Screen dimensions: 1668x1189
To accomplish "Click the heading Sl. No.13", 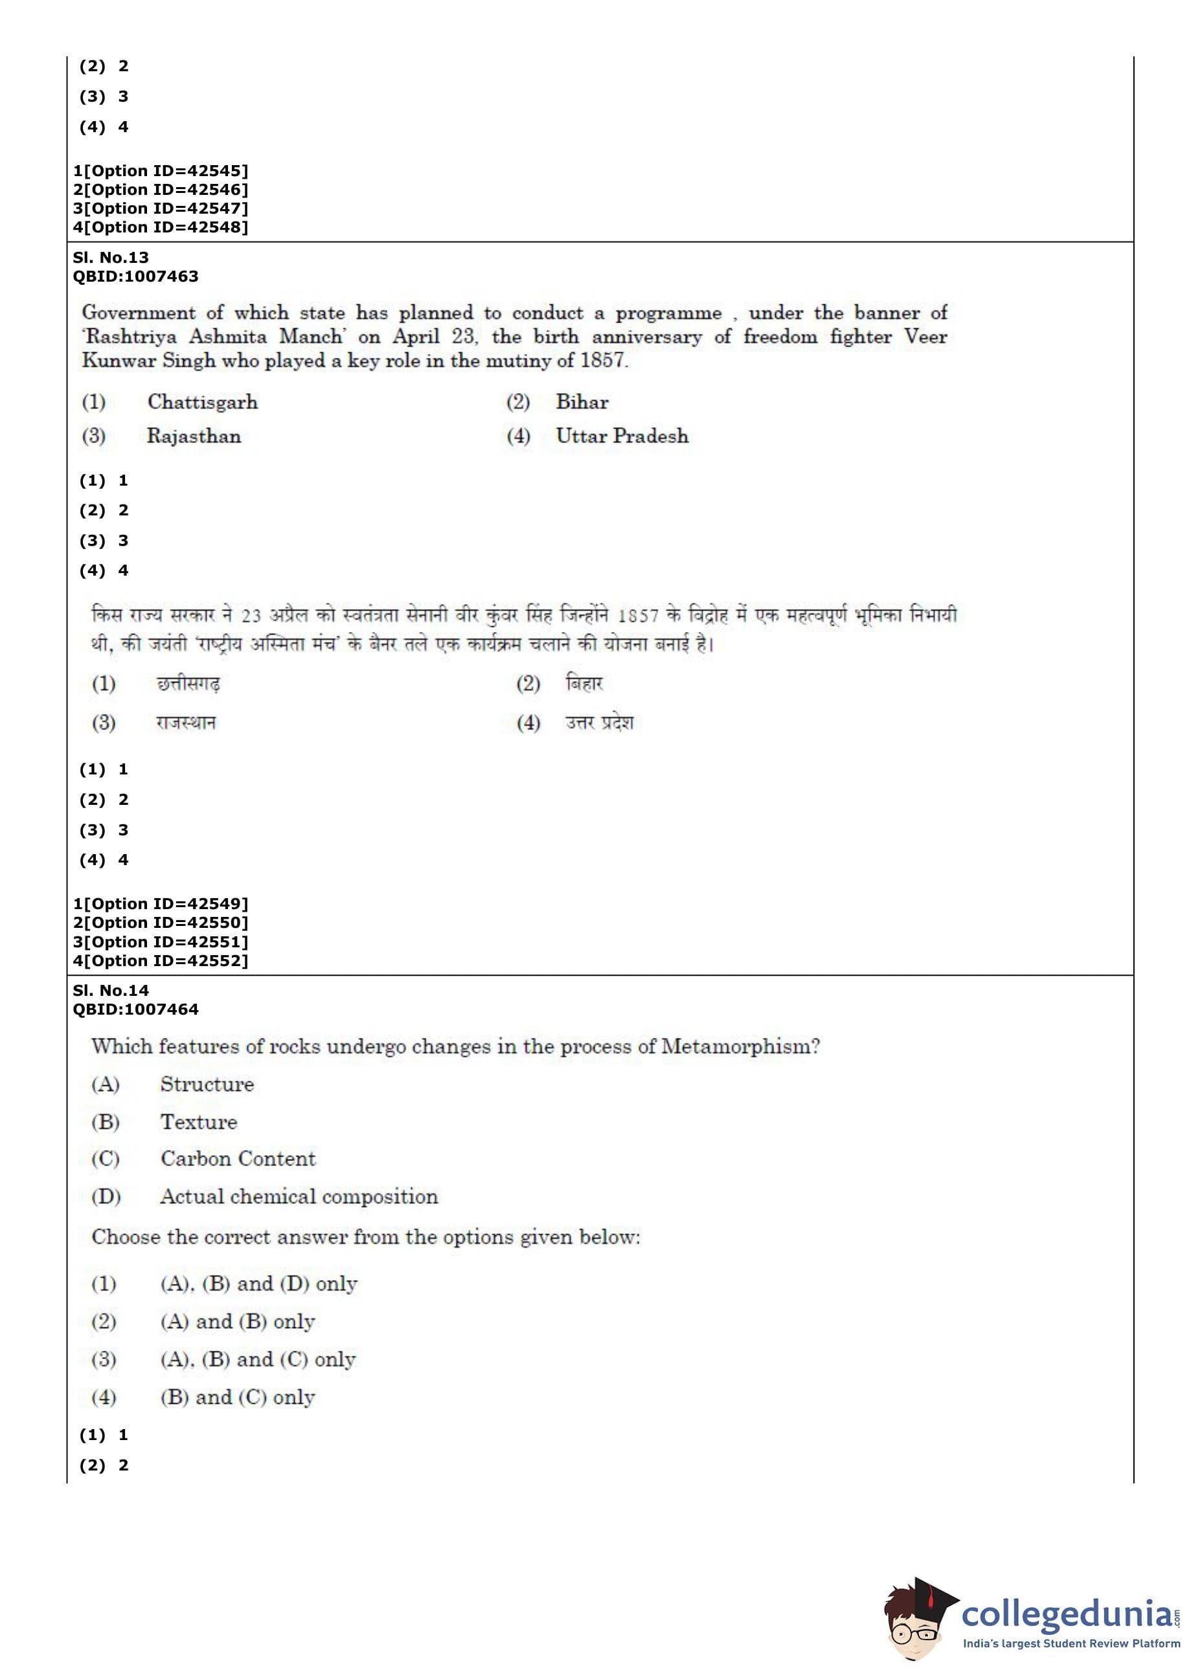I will point(111,258).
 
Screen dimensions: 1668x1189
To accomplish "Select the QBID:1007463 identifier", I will point(135,276).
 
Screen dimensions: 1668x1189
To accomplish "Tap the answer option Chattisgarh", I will point(202,402).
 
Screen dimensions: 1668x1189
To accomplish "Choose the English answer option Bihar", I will point(582,402).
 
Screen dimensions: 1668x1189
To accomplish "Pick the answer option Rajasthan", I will point(194,436).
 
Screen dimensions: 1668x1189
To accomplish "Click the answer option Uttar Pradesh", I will point(622,436).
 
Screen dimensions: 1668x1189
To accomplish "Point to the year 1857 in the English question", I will point(602,360).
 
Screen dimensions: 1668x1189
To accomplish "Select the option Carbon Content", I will point(238,1158).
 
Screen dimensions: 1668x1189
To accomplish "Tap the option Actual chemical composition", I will point(299,1197).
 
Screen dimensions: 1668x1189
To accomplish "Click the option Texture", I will point(199,1122).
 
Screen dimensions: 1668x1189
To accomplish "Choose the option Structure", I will point(207,1084).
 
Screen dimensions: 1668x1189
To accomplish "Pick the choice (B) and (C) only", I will point(237,1397).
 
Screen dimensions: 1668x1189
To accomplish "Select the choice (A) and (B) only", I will point(237,1321).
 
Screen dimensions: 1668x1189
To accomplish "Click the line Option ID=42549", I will point(161,904).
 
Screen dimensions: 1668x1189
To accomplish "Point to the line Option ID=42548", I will point(161,228).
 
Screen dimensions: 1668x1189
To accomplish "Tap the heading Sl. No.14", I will point(111,991).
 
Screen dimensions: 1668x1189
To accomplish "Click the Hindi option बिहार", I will point(583,684).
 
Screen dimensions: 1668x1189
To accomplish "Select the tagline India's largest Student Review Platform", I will point(1071,1644).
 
